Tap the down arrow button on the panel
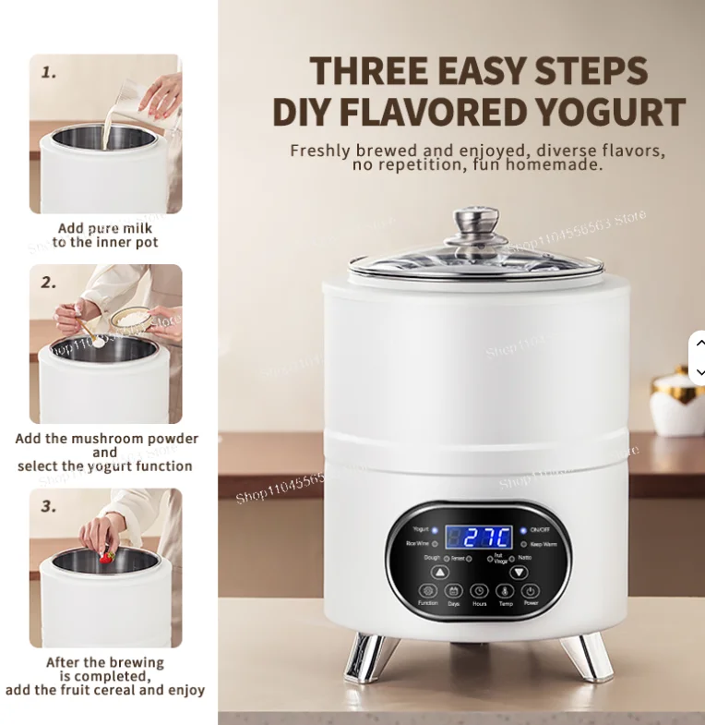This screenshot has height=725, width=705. [x=520, y=571]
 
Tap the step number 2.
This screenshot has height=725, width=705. [x=49, y=283]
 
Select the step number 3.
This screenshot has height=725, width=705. [x=49, y=507]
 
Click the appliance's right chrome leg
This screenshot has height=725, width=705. [x=587, y=657]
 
